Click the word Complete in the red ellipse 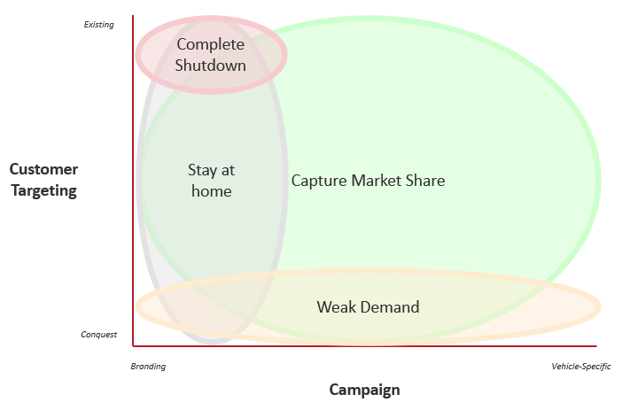coord(211,44)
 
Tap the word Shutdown coord(211,65)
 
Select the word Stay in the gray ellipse coord(201,171)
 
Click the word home coord(212,191)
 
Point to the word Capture coord(319,181)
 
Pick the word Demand coord(390,307)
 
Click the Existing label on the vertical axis coord(99,25)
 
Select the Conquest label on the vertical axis coord(99,335)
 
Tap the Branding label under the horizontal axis coord(148,367)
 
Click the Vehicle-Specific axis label coord(581,367)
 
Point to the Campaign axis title coord(365,390)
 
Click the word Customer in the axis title coord(43,169)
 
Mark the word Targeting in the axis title coord(43,190)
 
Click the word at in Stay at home coord(228,171)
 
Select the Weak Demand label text coord(369,307)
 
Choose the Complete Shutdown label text coord(211,55)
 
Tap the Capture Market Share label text coord(368,181)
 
